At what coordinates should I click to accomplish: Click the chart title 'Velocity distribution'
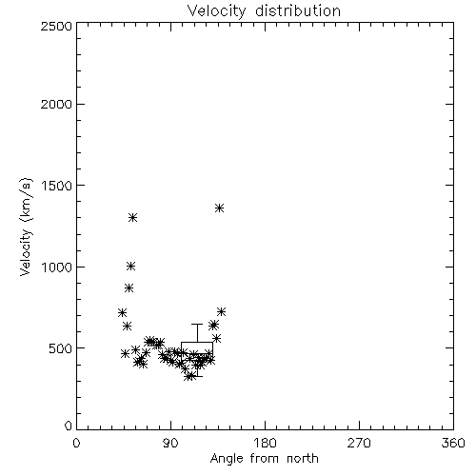264,11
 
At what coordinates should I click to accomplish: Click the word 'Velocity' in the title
217,11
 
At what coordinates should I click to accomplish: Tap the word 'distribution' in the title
298,10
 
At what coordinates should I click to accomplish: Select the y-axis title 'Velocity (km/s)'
26,227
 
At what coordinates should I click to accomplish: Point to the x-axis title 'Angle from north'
265,458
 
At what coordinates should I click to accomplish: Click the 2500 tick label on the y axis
56,26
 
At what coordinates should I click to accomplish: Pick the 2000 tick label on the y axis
56,104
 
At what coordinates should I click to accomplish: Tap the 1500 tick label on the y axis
57,186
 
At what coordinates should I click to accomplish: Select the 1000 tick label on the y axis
57,267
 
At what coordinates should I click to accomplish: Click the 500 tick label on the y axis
61,348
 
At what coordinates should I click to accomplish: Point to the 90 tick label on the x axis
171,443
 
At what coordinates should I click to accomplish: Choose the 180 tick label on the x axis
265,443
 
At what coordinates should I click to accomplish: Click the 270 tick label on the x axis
359,443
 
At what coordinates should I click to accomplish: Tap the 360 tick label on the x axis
453,443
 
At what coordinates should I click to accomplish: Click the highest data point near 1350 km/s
219,208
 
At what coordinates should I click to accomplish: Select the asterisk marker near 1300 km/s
132,218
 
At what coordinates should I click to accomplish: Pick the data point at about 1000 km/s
130,267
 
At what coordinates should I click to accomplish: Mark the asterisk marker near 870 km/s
129,288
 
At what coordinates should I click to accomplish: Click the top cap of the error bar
197,324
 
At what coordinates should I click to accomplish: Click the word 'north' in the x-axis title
303,458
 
